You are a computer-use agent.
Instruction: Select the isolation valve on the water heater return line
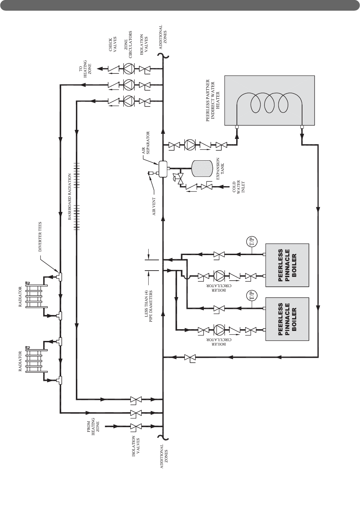(189, 358)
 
